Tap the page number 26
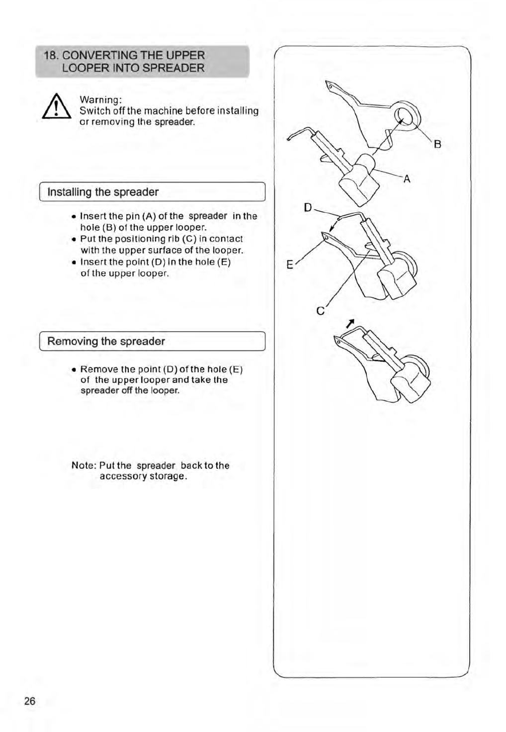[x=30, y=701]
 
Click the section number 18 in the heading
[x=50, y=55]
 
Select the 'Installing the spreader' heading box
[x=152, y=192]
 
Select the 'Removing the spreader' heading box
[x=152, y=341]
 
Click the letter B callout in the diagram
[x=437, y=145]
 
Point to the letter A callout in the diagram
[x=407, y=179]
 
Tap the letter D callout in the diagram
[x=308, y=207]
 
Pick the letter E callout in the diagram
[x=290, y=265]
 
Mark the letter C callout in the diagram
[x=321, y=311]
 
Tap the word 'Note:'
[x=84, y=465]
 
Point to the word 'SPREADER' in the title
[x=177, y=68]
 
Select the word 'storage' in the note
[x=165, y=476]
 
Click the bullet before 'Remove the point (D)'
[x=74, y=370]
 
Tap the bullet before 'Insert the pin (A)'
[x=74, y=217]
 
